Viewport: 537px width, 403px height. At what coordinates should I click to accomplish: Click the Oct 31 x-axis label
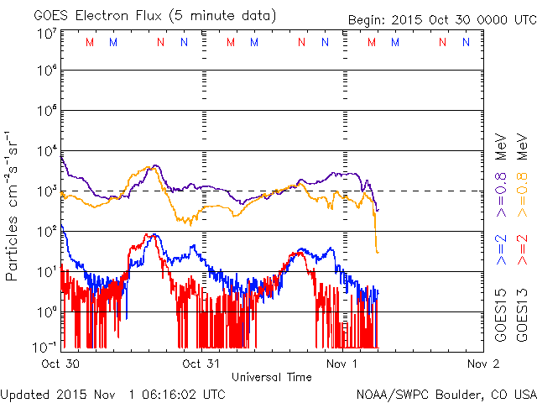(x=202, y=364)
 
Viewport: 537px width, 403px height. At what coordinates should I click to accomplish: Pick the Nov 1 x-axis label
(x=342, y=364)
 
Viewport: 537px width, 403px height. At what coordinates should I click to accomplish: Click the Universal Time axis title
(x=272, y=378)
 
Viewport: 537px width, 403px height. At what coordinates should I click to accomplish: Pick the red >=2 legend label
(x=522, y=250)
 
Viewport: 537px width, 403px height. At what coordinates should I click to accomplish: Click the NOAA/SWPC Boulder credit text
(x=445, y=394)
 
